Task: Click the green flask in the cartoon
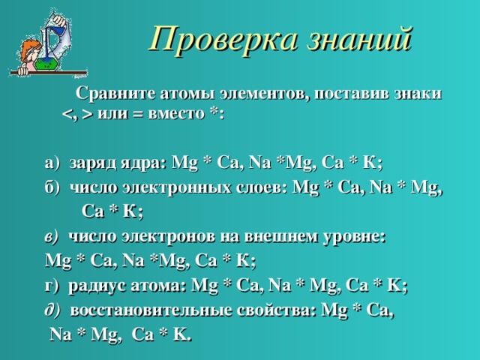[x=46, y=64]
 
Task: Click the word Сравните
[x=116, y=94]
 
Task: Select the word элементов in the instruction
[x=264, y=94]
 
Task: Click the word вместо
[x=176, y=114]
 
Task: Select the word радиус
[x=97, y=286]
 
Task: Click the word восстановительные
[x=151, y=310]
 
